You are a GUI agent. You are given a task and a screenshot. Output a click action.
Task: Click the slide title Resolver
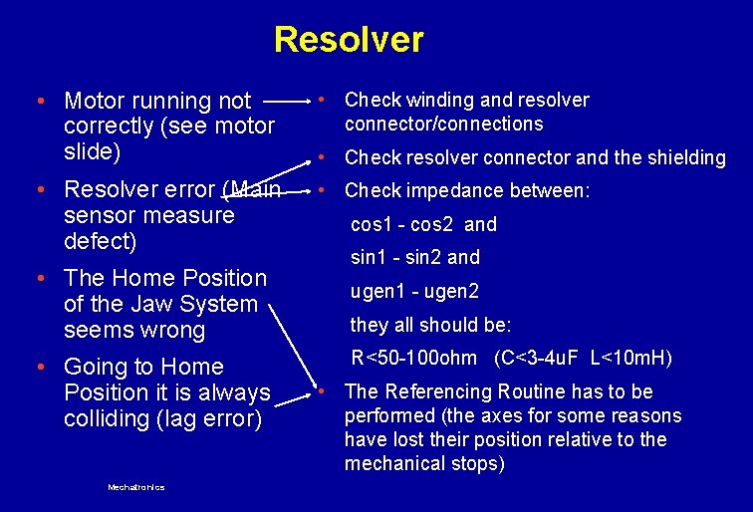tap(349, 40)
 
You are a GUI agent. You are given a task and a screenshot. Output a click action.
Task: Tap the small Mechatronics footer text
tap(136, 487)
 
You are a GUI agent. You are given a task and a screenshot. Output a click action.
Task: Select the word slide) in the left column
tap(92, 152)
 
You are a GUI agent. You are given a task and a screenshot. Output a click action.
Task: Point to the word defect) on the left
tap(100, 241)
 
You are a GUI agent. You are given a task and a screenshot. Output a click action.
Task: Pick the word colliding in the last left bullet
tap(108, 418)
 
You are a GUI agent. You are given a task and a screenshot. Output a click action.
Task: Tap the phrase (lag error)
tap(210, 418)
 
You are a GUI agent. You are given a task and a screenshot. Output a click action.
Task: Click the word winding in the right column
tap(438, 100)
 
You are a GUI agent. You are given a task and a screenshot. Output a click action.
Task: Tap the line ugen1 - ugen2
tap(414, 291)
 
